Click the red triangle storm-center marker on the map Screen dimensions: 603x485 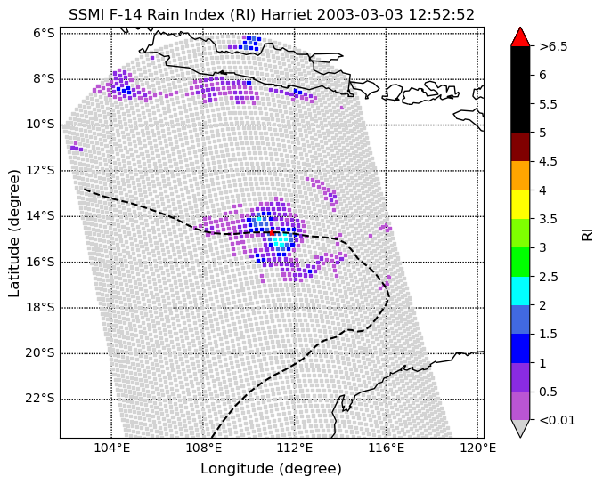coord(272,232)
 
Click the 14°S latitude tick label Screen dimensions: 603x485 coord(40,216)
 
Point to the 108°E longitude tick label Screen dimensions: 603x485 coord(203,449)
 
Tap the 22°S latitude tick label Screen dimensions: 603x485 coord(40,399)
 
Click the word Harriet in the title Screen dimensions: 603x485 coord(287,15)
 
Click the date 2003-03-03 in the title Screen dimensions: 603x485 coord(360,15)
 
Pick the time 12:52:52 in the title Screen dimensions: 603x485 coord(441,15)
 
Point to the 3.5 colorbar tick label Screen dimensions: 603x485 coord(549,219)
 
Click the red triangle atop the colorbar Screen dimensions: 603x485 coord(520,36)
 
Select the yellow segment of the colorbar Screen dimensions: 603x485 coord(520,205)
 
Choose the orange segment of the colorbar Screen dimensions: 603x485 coord(520,175)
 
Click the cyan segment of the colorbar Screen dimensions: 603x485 coord(520,291)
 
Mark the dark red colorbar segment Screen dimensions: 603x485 coord(520,147)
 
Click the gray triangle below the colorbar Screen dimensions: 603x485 coord(520,429)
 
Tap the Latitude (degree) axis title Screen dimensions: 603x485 coord(14,233)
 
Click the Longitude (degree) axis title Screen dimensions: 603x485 coord(271,469)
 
